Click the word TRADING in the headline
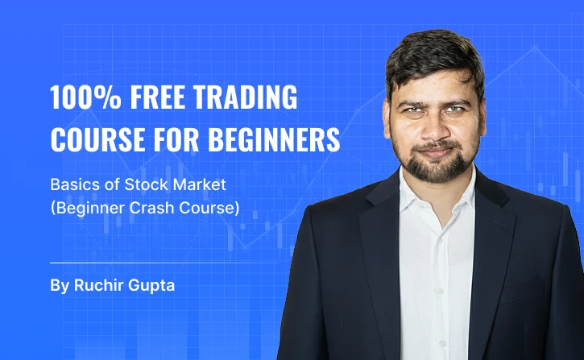click(x=245, y=97)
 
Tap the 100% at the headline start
click(x=85, y=97)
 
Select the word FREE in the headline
click(x=157, y=97)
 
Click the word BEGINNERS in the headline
click(x=274, y=139)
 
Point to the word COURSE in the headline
click(x=97, y=139)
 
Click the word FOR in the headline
click(x=176, y=139)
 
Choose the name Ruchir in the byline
click(x=98, y=285)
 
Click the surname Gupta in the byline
click(x=151, y=286)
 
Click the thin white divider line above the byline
click(x=164, y=263)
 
